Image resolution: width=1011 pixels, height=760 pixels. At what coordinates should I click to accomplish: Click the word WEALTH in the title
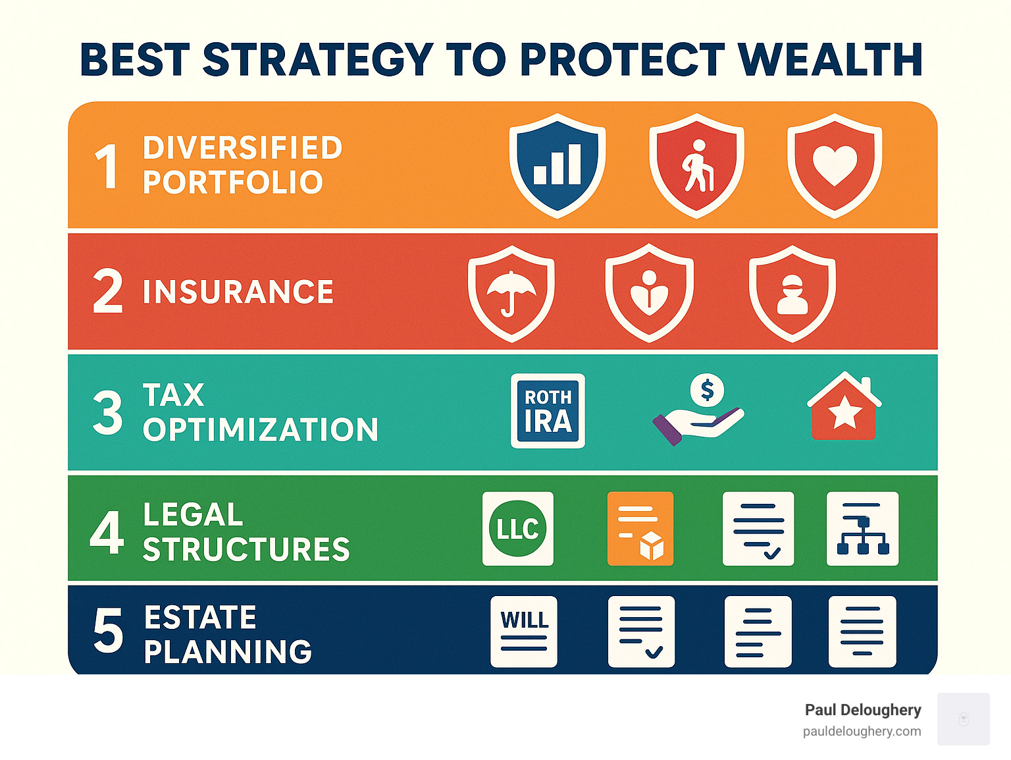(830, 60)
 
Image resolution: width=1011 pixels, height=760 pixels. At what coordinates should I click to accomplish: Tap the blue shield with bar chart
(557, 165)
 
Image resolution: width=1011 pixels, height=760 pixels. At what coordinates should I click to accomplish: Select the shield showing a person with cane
(696, 165)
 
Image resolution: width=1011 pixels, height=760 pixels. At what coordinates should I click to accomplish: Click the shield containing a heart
(835, 165)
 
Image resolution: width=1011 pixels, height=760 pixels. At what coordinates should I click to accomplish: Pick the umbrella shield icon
(511, 293)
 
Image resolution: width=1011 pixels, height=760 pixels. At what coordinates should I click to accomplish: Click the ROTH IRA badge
(548, 411)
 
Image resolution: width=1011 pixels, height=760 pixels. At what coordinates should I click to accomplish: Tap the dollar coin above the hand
(707, 391)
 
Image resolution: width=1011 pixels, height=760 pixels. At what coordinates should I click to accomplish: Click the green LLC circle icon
(518, 528)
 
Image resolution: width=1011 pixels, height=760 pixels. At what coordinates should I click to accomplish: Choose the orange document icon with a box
(640, 528)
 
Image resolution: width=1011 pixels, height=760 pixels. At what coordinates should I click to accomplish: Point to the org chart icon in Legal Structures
(862, 528)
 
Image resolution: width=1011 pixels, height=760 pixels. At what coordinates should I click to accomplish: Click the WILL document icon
(524, 631)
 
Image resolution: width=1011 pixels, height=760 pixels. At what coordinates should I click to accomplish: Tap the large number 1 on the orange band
(107, 167)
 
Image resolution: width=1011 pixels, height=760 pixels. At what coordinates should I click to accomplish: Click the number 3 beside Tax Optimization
(107, 413)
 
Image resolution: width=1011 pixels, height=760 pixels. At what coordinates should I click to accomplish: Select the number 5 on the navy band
(108, 631)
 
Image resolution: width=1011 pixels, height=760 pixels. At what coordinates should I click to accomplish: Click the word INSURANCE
(238, 292)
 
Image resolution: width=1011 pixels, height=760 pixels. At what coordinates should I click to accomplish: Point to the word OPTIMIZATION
(261, 430)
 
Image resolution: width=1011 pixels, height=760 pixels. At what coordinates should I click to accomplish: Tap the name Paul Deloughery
(863, 710)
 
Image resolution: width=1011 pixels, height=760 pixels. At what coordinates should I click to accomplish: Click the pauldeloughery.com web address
(862, 731)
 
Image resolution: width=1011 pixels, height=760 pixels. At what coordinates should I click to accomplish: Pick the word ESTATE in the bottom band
(200, 618)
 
